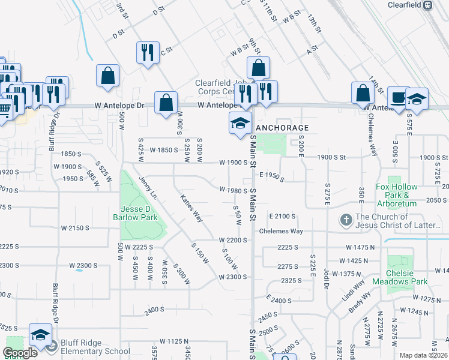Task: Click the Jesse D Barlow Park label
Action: pos(136,214)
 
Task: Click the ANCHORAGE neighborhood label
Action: pos(282,128)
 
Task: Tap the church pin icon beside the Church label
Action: pos(346,220)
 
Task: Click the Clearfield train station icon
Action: pos(427,5)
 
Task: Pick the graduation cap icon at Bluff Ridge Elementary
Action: pos(40,335)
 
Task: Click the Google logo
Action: pos(20,352)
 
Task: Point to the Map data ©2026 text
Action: pos(424,355)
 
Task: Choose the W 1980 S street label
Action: pos(234,191)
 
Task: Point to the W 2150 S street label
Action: pos(75,228)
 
